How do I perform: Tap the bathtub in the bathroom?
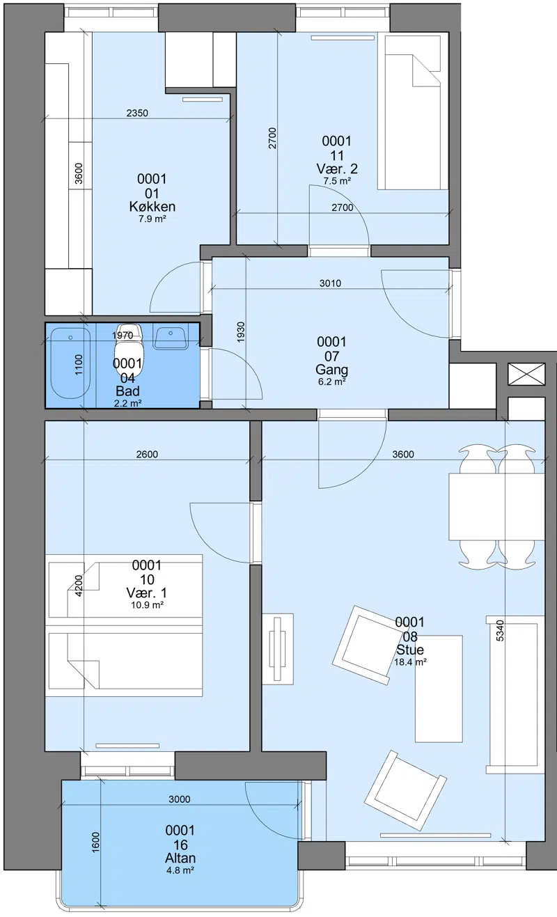point(70,363)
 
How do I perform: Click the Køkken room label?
point(152,206)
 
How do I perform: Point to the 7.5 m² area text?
point(337,180)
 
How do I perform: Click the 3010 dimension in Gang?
point(330,283)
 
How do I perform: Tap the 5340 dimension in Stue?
point(500,630)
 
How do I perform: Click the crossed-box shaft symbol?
point(526,374)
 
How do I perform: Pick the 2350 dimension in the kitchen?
point(137,113)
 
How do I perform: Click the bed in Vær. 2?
point(413,112)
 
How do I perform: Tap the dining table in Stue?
point(496,507)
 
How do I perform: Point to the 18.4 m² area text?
point(410,662)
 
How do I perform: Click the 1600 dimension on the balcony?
point(95,842)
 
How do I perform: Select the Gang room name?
point(331,370)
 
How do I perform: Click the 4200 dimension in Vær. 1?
point(79,586)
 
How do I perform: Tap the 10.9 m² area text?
point(148,604)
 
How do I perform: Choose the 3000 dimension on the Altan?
point(179,799)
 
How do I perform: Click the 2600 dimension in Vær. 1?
point(147,454)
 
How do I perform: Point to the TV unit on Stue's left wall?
point(278,648)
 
